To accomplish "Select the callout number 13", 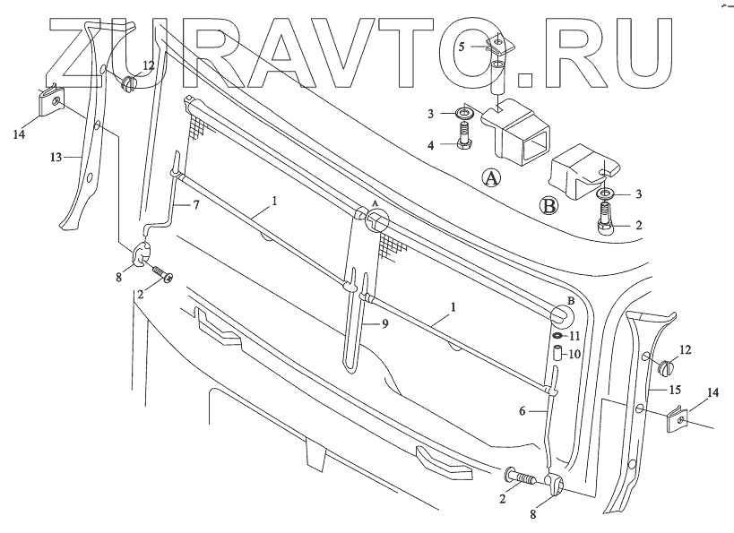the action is click(56, 157).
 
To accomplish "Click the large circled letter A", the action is click(491, 178).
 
